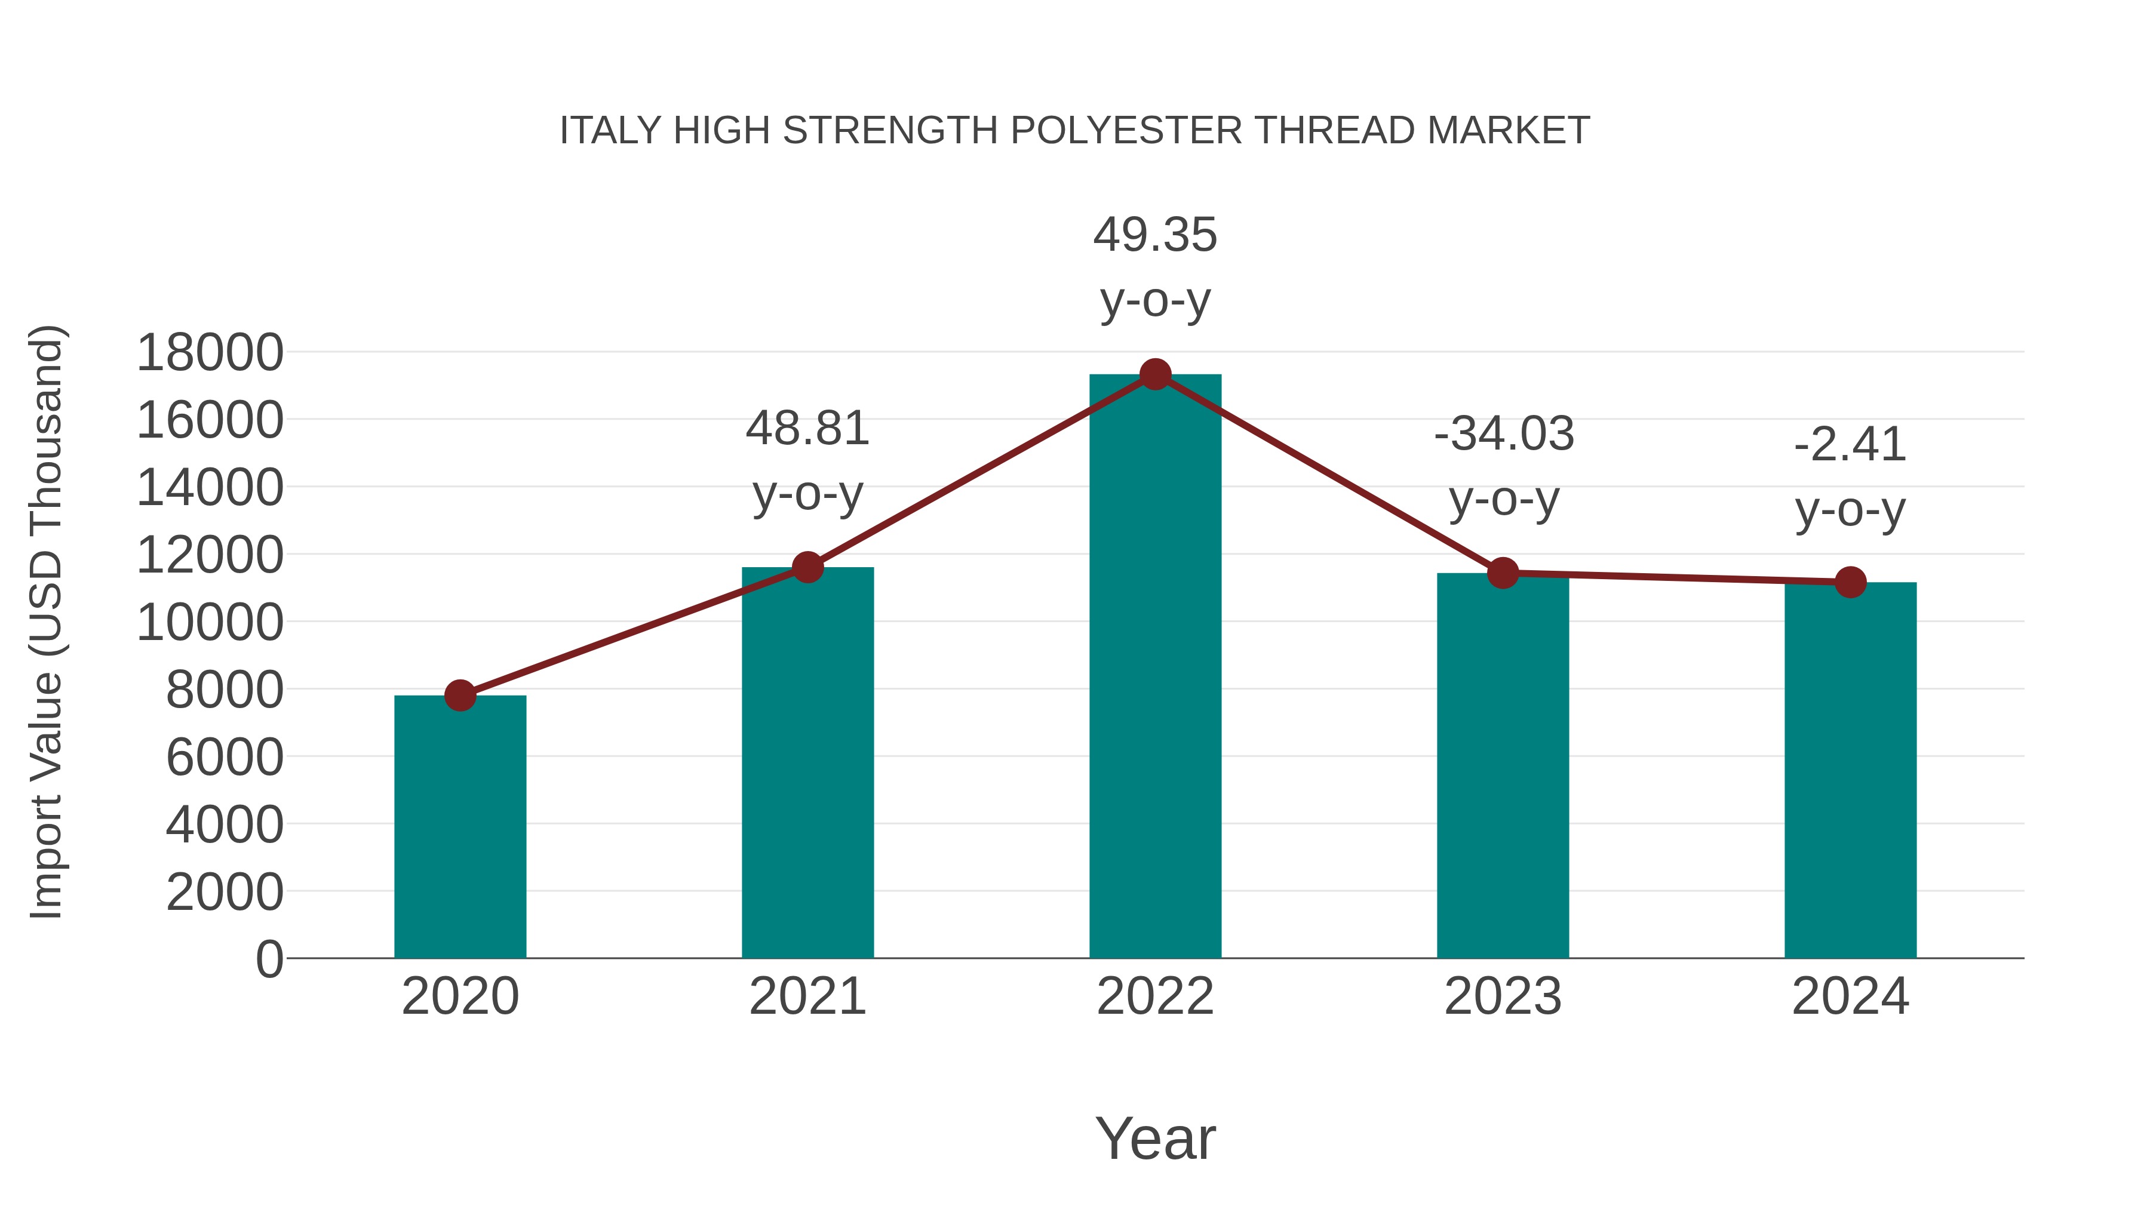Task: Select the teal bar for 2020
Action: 460,826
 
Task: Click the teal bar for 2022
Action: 1155,667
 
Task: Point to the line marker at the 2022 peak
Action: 1155,374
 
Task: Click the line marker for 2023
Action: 1503,573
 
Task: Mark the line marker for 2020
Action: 460,695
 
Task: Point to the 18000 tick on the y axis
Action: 210,352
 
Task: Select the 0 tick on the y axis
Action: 269,959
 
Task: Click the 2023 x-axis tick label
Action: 1503,996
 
